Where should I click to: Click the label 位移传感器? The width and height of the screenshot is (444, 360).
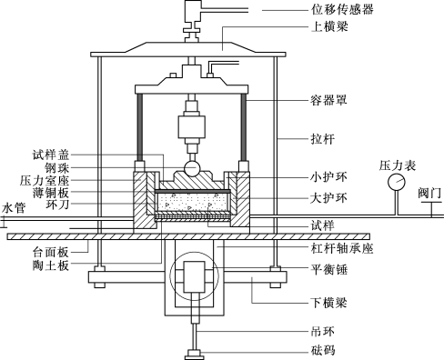(x=342, y=10)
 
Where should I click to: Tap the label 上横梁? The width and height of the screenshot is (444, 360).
(x=329, y=26)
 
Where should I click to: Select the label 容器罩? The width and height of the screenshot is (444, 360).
(x=328, y=100)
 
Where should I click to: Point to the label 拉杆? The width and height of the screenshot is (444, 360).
(x=323, y=139)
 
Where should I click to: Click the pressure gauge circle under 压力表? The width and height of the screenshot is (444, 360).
(x=397, y=182)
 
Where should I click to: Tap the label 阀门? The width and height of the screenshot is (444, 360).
(x=429, y=194)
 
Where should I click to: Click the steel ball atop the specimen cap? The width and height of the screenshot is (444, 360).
(x=192, y=168)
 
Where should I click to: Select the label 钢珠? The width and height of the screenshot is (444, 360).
(x=57, y=167)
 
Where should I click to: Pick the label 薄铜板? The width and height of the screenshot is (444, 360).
(x=51, y=193)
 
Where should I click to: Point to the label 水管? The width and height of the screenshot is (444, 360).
(x=14, y=208)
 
